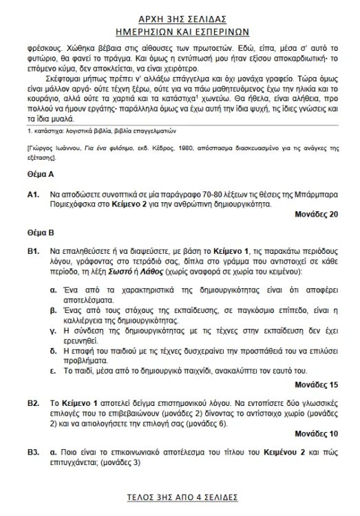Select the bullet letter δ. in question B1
coord(54,350)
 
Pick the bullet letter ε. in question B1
coord(54,369)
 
